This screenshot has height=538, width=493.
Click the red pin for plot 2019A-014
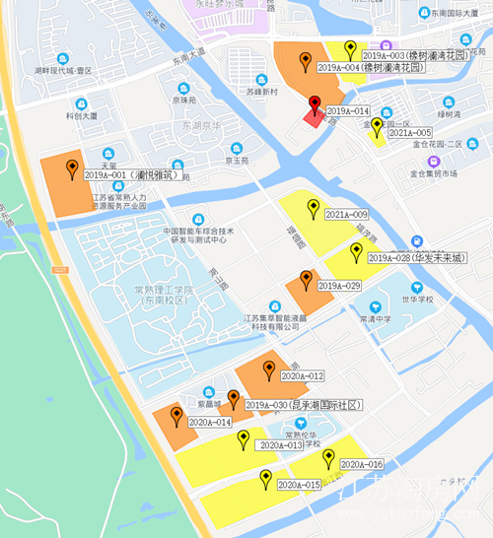pyautogui.click(x=315, y=103)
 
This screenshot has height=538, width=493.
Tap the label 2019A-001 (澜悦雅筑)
pyautogui.click(x=129, y=175)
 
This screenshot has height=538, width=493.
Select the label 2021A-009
pyautogui.click(x=346, y=214)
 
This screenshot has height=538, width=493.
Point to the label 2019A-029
pyautogui.click(x=339, y=285)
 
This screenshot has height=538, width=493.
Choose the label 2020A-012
pyautogui.click(x=303, y=375)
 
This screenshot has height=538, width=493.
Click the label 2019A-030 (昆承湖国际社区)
pyautogui.click(x=304, y=405)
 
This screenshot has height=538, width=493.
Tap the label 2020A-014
pyautogui.click(x=209, y=422)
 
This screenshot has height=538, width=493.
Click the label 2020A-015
pyautogui.click(x=299, y=485)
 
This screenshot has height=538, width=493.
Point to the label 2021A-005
pyautogui.click(x=409, y=132)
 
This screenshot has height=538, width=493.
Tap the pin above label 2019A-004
pyautogui.click(x=307, y=57)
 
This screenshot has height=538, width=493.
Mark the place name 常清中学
pyautogui.click(x=376, y=319)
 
